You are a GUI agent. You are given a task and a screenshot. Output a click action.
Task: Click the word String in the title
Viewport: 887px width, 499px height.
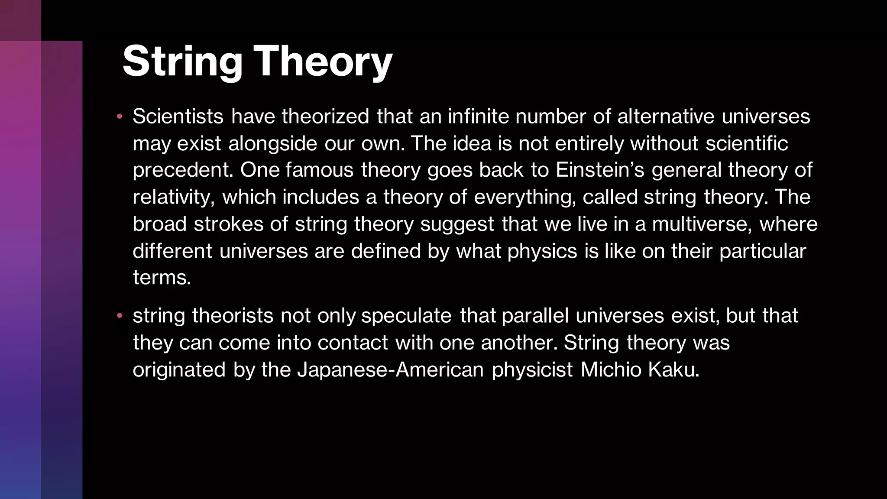tap(182, 62)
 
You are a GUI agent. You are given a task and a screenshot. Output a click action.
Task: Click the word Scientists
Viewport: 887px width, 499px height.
tap(178, 117)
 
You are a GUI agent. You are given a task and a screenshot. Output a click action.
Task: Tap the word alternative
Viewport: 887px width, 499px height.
tap(665, 117)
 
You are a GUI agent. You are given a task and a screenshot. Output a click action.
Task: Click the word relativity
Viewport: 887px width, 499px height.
tap(174, 197)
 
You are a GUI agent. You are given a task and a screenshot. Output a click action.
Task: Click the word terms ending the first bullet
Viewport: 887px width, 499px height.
tap(162, 278)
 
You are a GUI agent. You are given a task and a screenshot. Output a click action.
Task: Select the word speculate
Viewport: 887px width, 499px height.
tap(406, 316)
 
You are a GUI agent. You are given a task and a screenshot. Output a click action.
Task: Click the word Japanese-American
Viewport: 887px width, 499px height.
tap(390, 370)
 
